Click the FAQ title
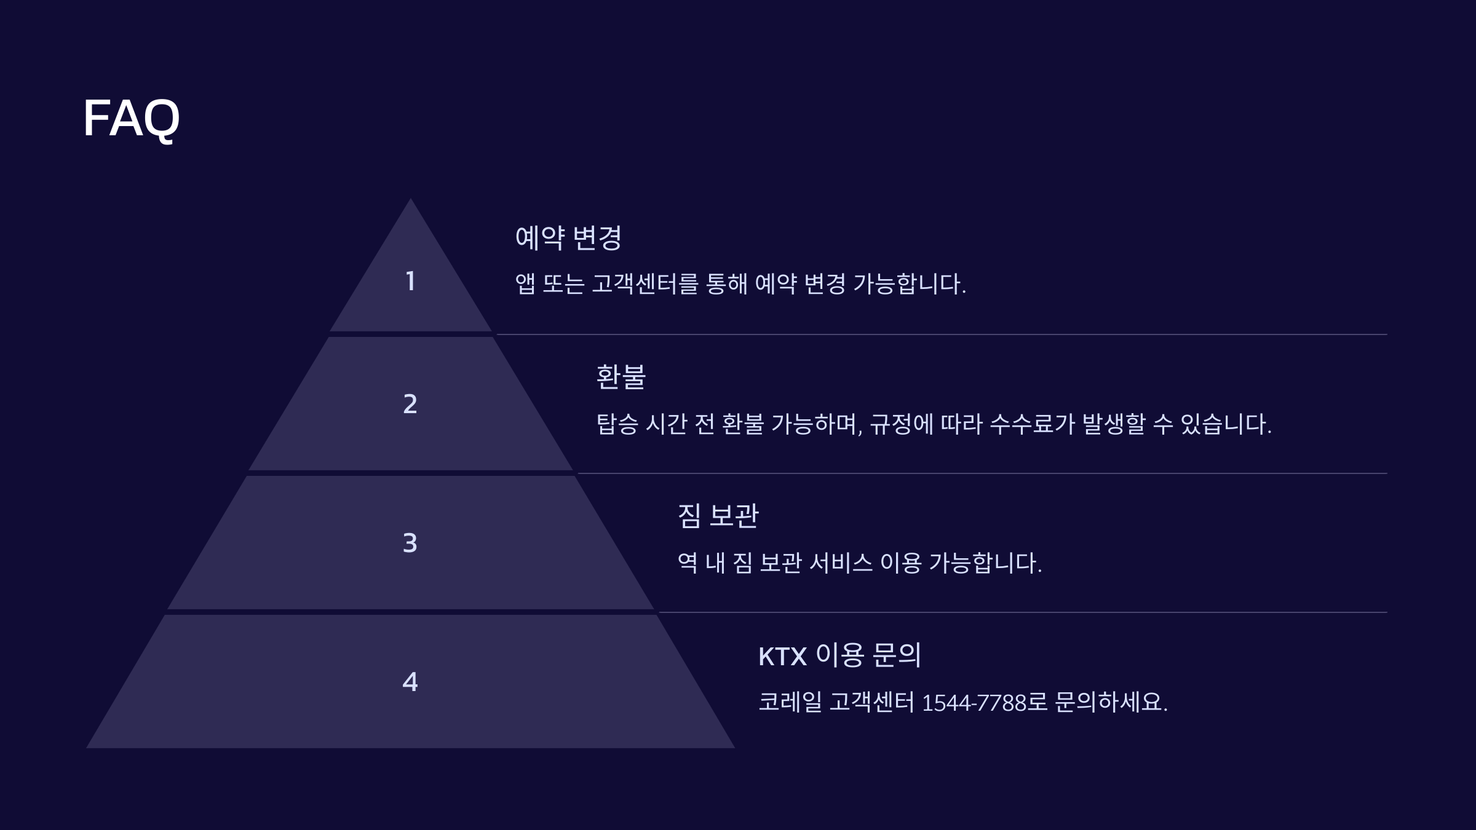pos(131,118)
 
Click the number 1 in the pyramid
pos(410,282)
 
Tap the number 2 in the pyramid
pos(410,405)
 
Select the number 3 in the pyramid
pos(410,543)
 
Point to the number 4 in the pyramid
pos(410,682)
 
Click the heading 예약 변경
pos(568,238)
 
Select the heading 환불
pos(621,377)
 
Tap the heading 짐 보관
pos(718,516)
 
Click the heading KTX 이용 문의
pos(839,655)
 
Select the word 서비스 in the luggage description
pos(840,563)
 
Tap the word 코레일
pos(790,702)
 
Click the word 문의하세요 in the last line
pos(1110,702)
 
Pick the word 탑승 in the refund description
pos(617,424)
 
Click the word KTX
pos(782,657)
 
